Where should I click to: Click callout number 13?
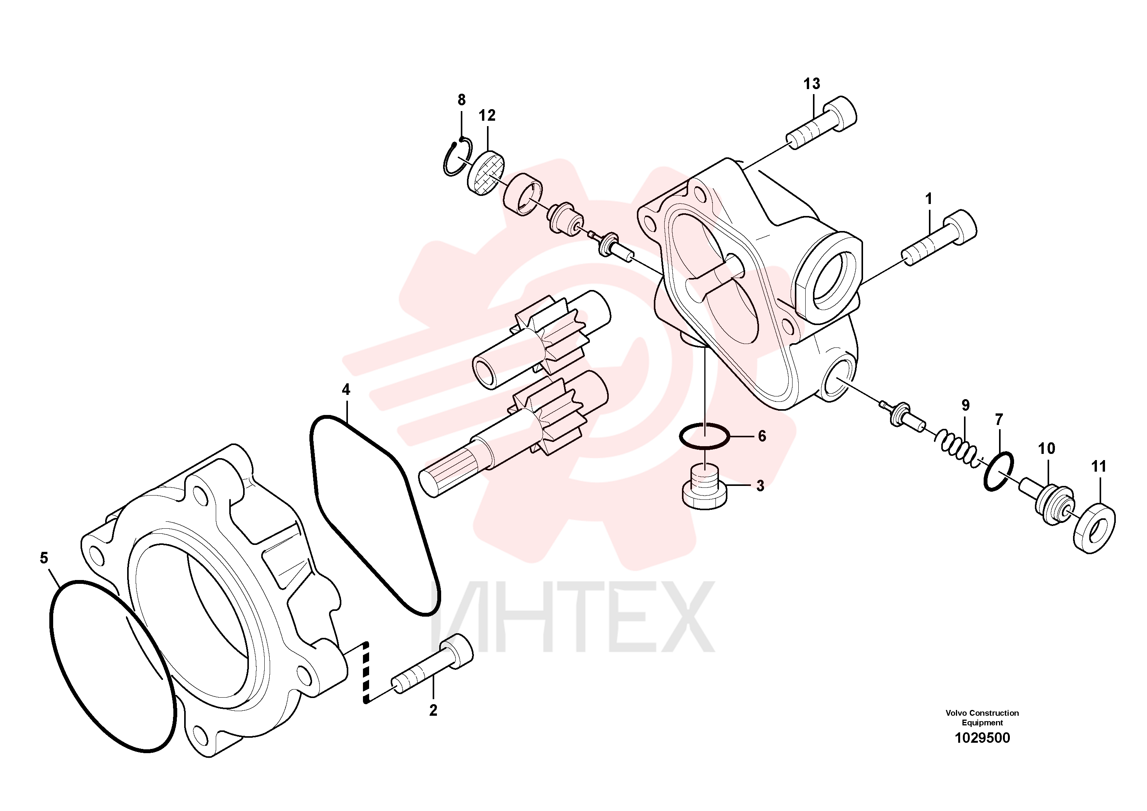(x=812, y=84)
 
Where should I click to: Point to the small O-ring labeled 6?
(x=704, y=435)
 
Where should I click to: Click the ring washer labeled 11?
(x=1095, y=529)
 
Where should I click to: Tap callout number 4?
(x=346, y=389)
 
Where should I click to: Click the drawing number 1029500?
(x=982, y=738)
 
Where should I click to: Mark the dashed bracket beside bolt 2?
(x=366, y=673)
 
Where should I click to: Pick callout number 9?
(x=965, y=405)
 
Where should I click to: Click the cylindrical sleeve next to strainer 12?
(x=522, y=194)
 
